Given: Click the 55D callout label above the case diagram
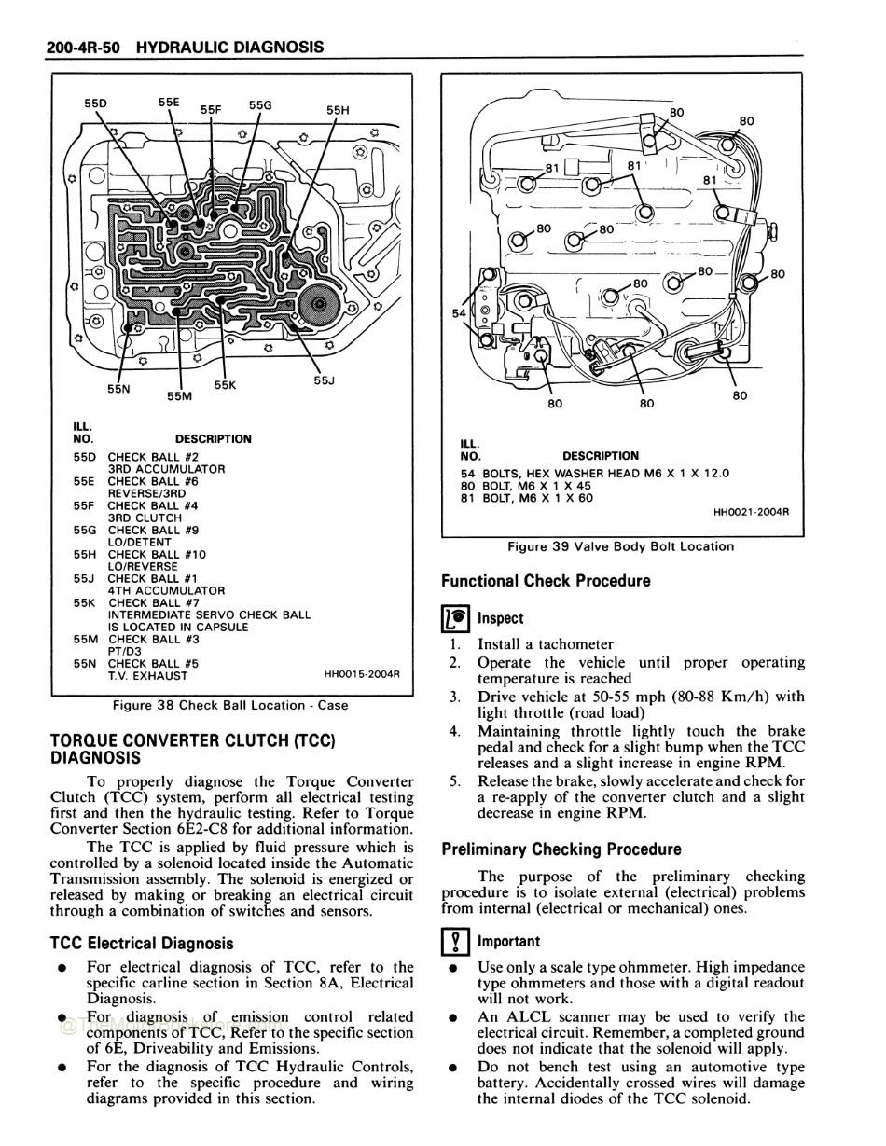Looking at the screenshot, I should pyautogui.click(x=95, y=104).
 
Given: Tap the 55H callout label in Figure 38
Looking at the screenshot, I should pyautogui.click(x=338, y=109).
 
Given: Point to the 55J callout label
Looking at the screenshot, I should pyautogui.click(x=324, y=380).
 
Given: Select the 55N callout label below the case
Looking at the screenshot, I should pyautogui.click(x=118, y=390).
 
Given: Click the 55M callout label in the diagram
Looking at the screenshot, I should pyautogui.click(x=179, y=395).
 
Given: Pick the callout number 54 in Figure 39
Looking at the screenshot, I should pyautogui.click(x=459, y=313).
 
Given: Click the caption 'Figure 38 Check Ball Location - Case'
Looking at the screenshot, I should pyautogui.click(x=230, y=706).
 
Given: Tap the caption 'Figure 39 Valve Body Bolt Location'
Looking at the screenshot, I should pyautogui.click(x=620, y=546).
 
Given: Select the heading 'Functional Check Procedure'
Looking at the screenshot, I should pyautogui.click(x=546, y=581).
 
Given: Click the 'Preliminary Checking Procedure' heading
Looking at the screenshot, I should pyautogui.click(x=561, y=849).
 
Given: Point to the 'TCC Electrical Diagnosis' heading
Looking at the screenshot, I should pyautogui.click(x=142, y=944).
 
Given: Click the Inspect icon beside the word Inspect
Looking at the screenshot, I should pyautogui.click(x=456, y=618).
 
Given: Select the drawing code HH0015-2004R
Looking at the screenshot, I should pyautogui.click(x=361, y=674).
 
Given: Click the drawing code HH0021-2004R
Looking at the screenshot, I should pyautogui.click(x=751, y=511).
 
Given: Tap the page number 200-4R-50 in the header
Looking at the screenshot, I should pyautogui.click(x=82, y=47).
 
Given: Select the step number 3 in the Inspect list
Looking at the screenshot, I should pyautogui.click(x=454, y=697).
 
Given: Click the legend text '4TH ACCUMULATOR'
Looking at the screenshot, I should pyautogui.click(x=166, y=590).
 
